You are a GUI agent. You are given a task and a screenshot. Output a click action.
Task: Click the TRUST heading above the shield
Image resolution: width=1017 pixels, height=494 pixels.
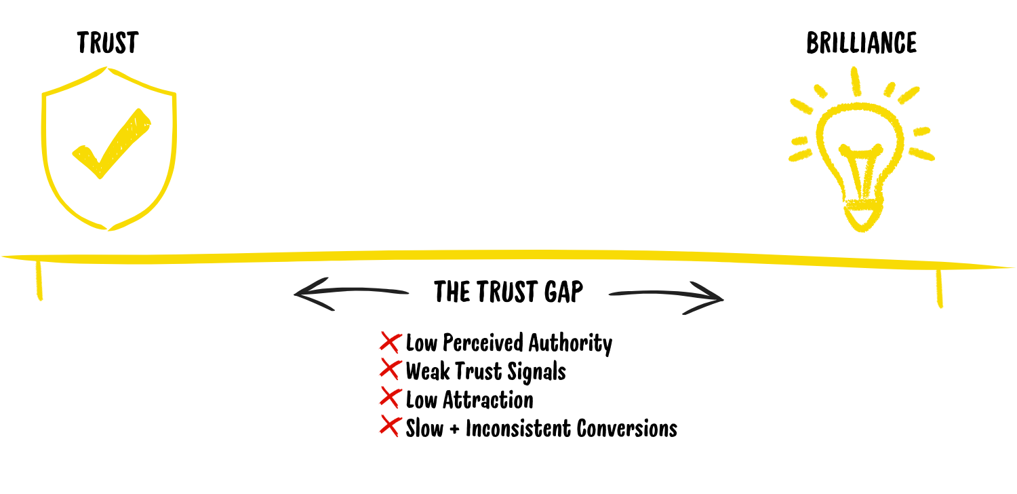coord(107,43)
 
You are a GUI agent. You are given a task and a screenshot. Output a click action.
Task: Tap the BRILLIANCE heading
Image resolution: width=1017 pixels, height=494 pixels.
coord(861,43)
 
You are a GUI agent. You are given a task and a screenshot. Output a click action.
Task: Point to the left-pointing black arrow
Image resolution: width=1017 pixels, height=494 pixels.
coord(349,294)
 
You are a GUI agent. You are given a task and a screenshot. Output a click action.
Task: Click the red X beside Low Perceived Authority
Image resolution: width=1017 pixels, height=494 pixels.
coord(390,342)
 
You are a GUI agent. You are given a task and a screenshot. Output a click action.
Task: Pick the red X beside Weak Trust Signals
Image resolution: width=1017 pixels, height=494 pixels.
coord(390,370)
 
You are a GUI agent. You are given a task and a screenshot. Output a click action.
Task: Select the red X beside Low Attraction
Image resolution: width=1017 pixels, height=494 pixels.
coord(390,399)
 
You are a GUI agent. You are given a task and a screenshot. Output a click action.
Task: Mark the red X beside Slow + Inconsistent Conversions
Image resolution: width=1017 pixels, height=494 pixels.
coord(390,427)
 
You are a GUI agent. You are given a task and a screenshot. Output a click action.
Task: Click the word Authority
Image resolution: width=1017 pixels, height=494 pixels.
coord(570,343)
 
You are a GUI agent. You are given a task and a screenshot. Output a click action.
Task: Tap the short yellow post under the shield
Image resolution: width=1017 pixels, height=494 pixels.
coord(39,280)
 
